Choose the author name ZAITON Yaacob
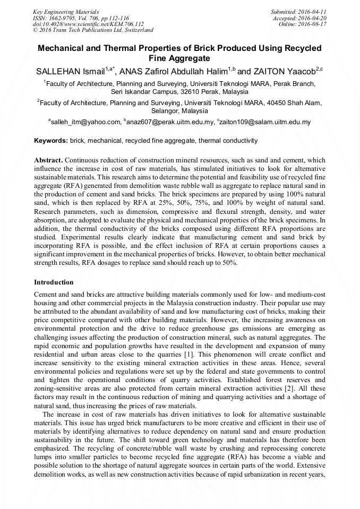point(284,71)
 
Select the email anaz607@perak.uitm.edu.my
point(170,122)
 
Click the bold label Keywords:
point(51,141)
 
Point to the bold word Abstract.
point(48,160)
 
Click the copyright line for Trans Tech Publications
point(93,31)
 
